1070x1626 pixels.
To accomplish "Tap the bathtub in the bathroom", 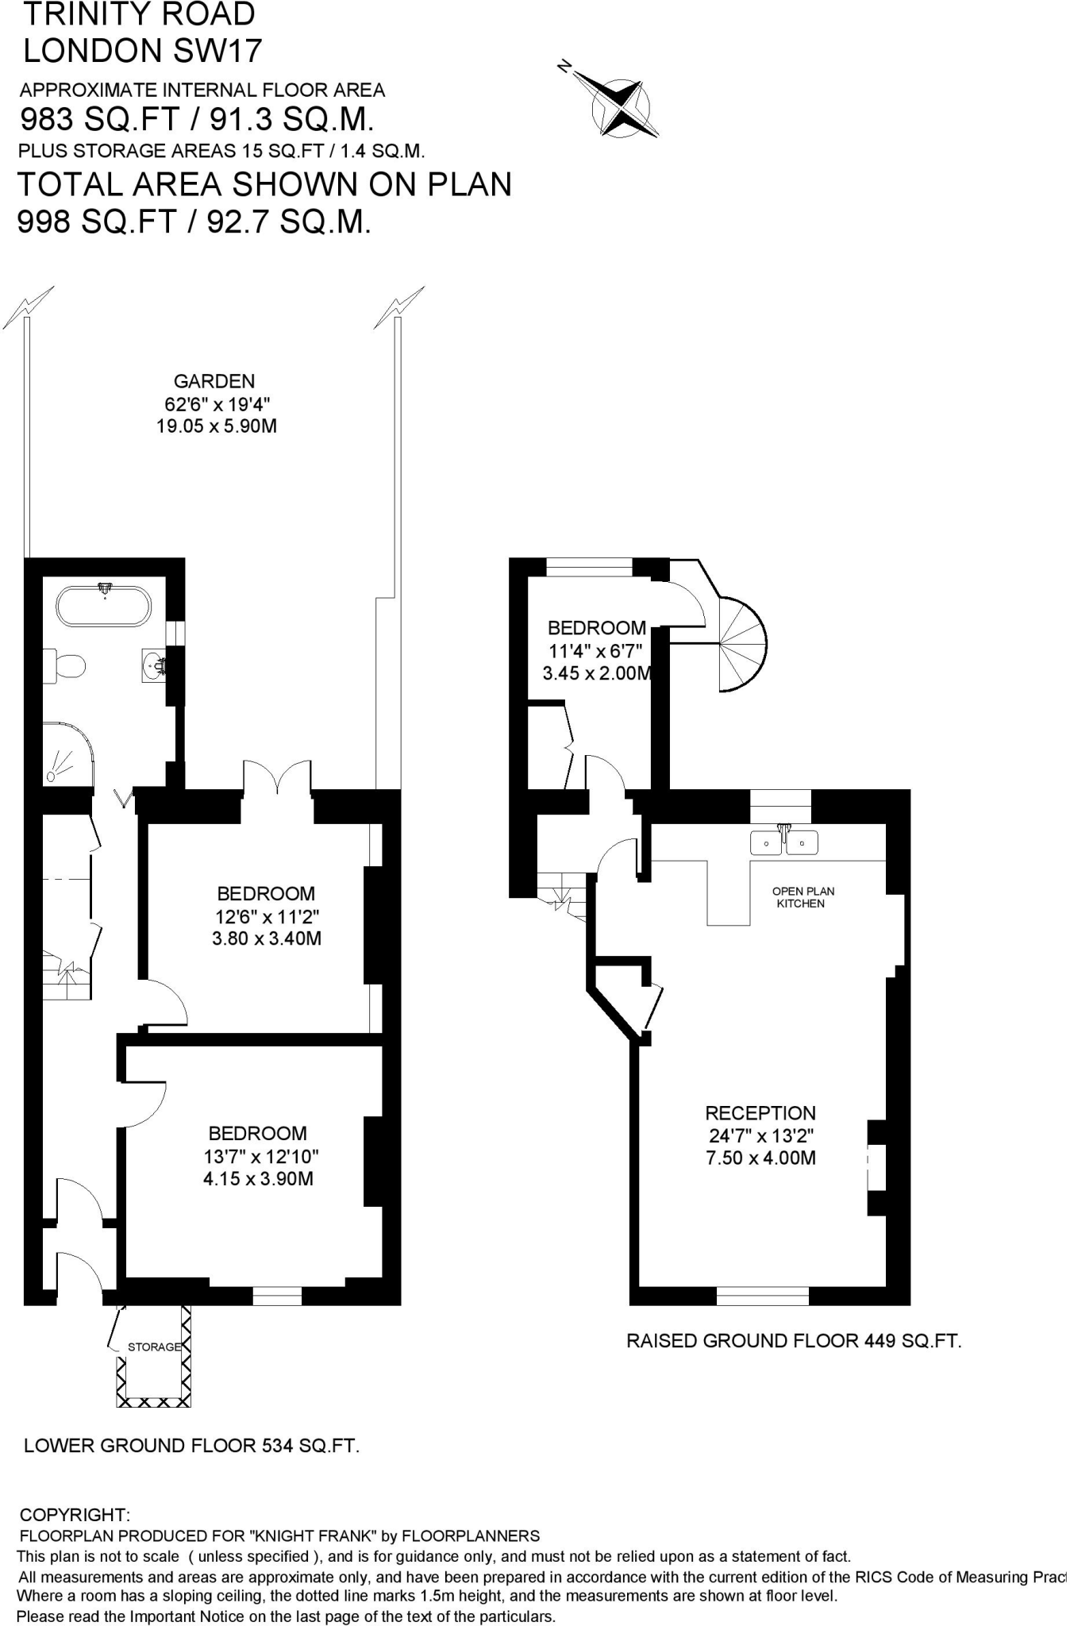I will tap(103, 607).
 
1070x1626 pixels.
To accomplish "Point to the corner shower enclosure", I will tap(67, 753).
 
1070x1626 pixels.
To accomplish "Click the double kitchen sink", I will tap(784, 842).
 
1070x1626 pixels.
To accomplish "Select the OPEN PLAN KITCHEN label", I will tap(802, 897).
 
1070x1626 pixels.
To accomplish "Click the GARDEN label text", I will tap(214, 381).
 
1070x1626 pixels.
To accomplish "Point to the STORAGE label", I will tap(154, 1347).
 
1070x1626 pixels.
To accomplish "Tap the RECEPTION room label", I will tap(760, 1113).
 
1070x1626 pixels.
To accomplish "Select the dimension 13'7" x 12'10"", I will tap(261, 1156).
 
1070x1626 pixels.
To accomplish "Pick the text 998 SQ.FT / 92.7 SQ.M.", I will tap(194, 223).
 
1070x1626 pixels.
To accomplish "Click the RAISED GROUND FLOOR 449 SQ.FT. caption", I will tap(794, 1341).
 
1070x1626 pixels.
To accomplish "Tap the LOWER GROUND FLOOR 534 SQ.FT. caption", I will tap(191, 1446).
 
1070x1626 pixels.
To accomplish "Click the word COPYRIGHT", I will tap(75, 1515).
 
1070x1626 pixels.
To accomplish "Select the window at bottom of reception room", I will tap(762, 1296).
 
